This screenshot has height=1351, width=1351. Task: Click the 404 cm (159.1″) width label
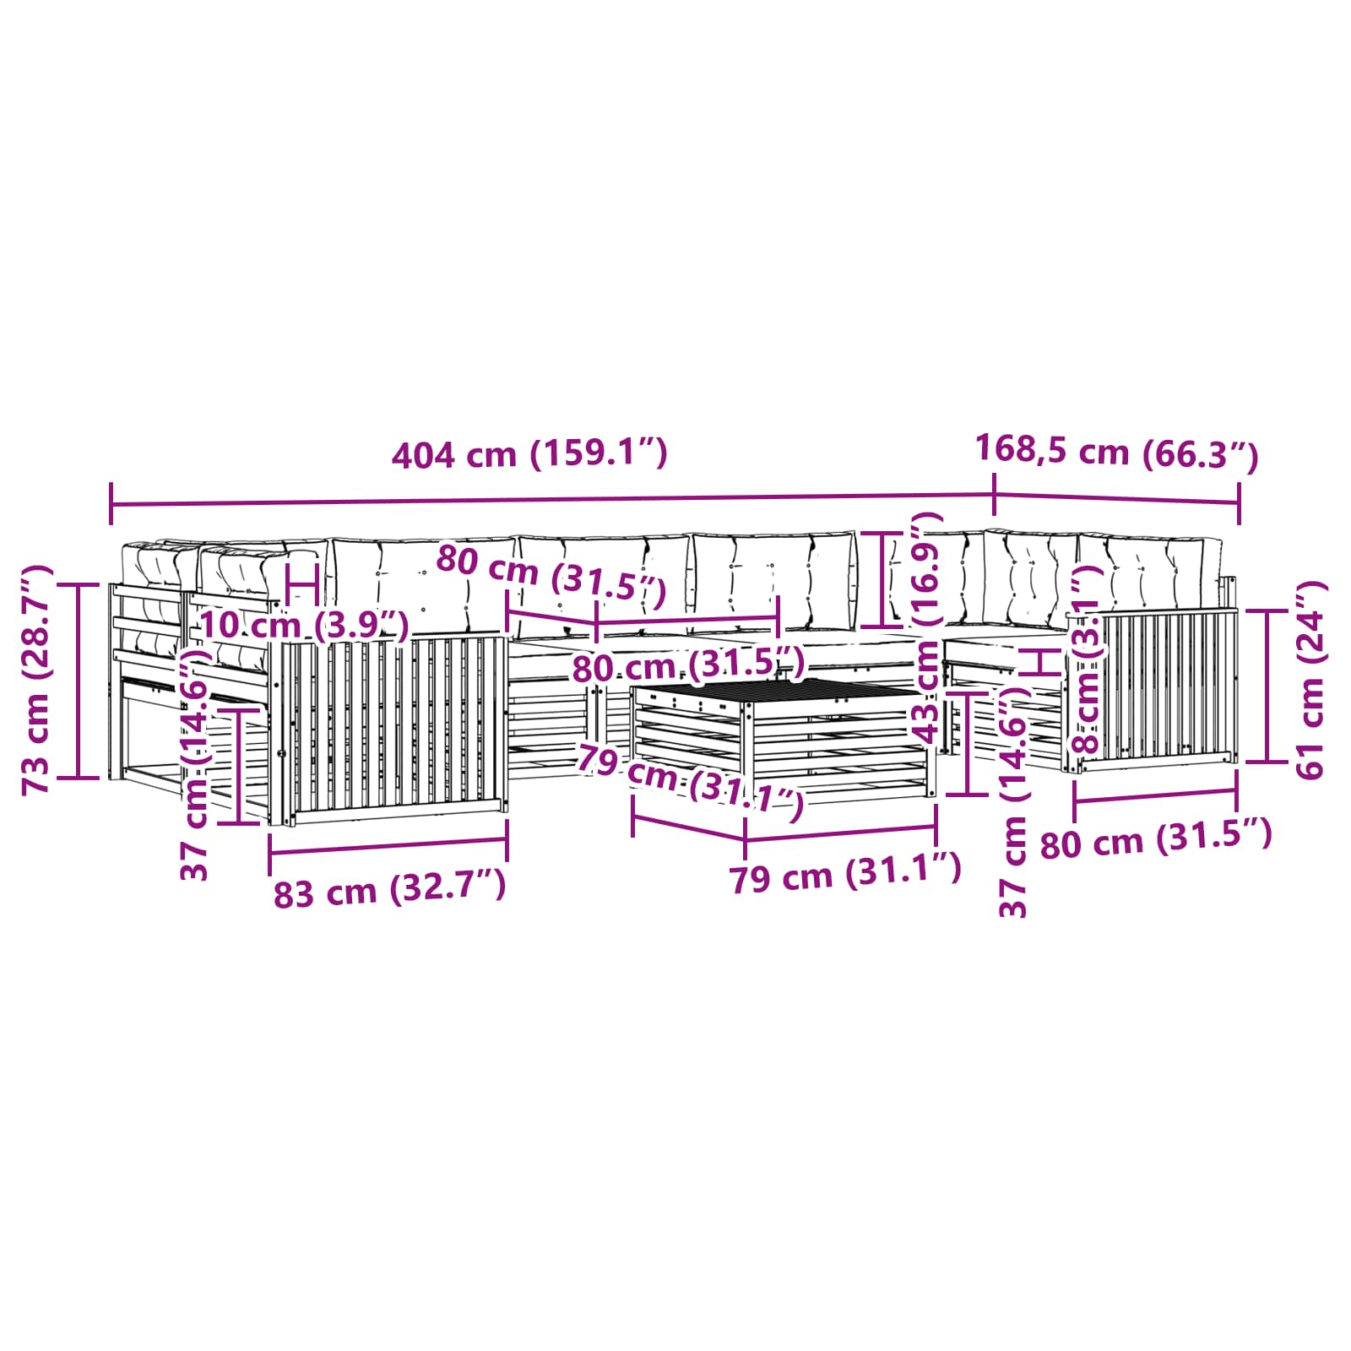pyautogui.click(x=529, y=454)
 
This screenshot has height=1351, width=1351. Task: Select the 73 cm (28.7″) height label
pyautogui.click(x=39, y=679)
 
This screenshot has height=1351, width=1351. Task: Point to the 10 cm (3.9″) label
pyautogui.click(x=304, y=626)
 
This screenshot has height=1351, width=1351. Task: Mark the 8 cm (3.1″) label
pyautogui.click(x=1086, y=659)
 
